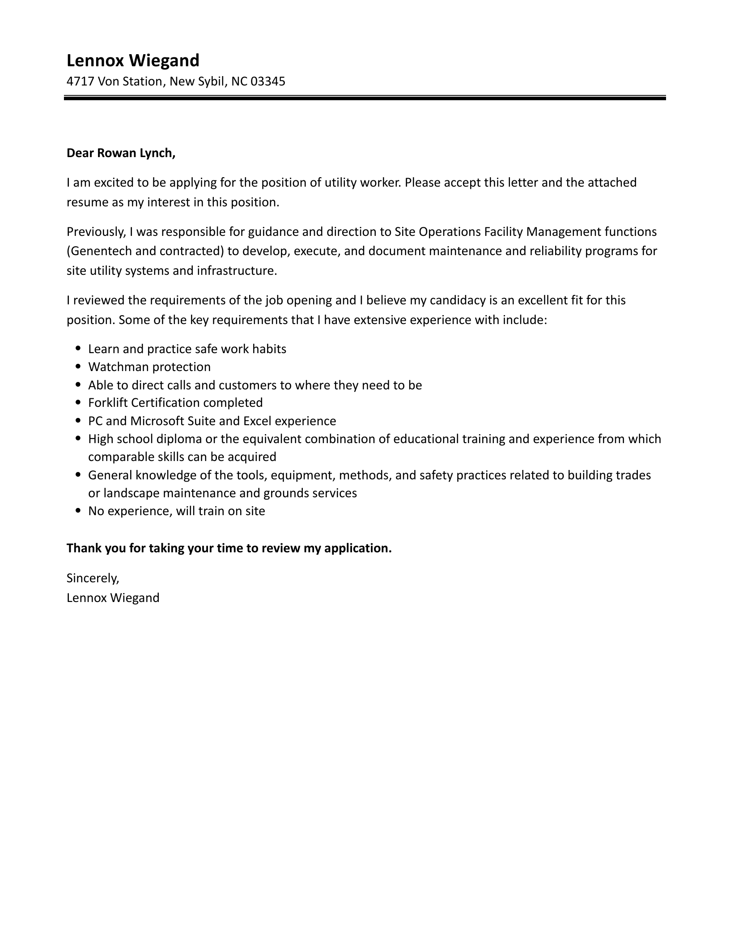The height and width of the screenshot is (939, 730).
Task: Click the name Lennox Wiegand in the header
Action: (133, 60)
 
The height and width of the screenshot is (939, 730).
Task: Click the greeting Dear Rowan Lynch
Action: (121, 153)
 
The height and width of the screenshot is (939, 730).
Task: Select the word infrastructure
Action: (237, 271)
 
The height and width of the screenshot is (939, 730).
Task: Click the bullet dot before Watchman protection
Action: (79, 367)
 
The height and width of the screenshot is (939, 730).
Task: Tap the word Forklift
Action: (106, 403)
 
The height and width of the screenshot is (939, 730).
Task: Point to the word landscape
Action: (132, 493)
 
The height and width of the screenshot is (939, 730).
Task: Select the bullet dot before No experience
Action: (79, 511)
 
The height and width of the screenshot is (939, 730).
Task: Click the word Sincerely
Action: (93, 578)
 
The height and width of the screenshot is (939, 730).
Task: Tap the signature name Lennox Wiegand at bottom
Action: (113, 598)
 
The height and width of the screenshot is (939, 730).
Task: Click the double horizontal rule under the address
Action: (365, 98)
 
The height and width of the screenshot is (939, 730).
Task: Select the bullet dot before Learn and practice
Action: (79, 349)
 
